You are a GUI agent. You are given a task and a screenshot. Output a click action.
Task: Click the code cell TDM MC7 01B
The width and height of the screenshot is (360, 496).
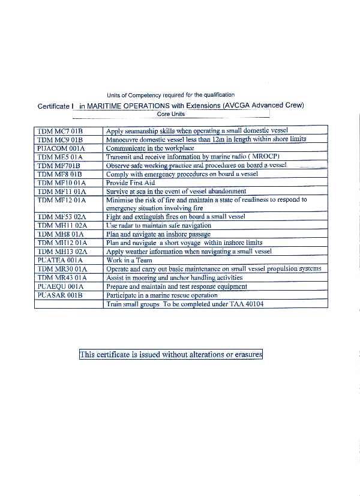tap(59, 130)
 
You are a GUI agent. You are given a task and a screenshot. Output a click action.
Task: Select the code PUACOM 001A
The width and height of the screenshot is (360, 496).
tap(61, 148)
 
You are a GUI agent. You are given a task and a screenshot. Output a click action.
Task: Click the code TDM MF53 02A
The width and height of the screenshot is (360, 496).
tap(62, 217)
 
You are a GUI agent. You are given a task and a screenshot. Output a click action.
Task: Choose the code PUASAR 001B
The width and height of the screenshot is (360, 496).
tap(59, 295)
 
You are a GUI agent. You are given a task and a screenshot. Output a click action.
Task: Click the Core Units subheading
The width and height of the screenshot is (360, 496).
tap(171, 113)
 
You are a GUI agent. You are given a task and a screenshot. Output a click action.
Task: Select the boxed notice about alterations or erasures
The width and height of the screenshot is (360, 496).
tap(171, 355)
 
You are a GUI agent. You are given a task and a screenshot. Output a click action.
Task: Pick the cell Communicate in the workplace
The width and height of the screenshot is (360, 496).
tap(150, 148)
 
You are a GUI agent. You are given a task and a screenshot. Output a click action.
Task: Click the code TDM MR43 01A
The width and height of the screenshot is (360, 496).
tap(62, 278)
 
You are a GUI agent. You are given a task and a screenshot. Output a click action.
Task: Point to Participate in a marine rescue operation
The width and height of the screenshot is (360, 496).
tap(161, 295)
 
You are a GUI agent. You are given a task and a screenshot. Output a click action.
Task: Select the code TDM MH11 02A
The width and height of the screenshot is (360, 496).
tap(62, 226)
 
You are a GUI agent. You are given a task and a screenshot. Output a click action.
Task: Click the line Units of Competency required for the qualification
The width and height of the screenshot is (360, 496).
tap(170, 95)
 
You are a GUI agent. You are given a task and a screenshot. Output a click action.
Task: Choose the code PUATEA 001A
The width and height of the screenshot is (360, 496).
tap(60, 261)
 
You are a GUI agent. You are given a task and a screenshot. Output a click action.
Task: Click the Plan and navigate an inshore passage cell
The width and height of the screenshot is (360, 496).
tap(158, 234)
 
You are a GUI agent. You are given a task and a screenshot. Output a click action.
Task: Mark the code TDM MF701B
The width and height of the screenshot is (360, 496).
tap(59, 165)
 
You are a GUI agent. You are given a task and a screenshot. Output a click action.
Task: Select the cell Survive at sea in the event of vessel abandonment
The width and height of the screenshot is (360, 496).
tap(176, 191)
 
